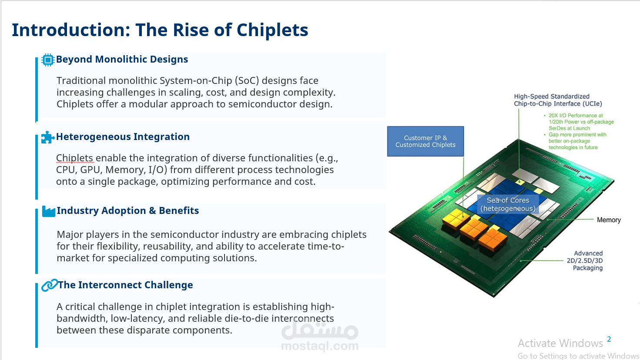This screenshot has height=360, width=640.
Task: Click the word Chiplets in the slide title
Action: tap(272, 30)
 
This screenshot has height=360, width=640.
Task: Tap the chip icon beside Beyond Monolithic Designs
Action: tap(48, 60)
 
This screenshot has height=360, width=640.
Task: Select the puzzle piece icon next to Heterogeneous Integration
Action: tap(48, 137)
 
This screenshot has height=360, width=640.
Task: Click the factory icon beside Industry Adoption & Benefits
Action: tap(49, 211)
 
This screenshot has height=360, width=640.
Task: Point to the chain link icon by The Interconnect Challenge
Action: tap(50, 285)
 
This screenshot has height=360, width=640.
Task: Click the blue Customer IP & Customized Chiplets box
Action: tap(426, 141)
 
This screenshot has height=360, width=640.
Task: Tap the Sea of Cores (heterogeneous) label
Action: tap(508, 204)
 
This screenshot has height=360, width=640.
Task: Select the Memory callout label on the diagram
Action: tap(609, 220)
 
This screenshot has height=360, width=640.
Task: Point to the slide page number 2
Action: tap(609, 339)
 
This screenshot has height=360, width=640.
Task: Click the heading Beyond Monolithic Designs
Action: tap(122, 60)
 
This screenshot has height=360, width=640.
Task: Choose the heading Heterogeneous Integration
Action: tap(123, 137)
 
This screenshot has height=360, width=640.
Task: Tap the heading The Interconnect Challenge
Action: tap(125, 285)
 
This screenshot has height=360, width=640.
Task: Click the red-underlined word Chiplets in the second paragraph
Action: tap(74, 158)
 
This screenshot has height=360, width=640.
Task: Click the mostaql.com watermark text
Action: tap(320, 346)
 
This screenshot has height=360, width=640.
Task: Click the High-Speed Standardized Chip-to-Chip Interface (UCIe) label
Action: tap(558, 100)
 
